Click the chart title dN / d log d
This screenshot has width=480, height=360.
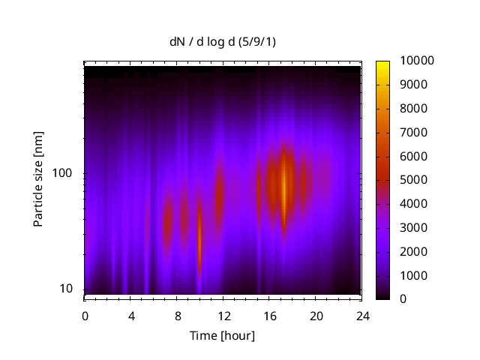coord(222,43)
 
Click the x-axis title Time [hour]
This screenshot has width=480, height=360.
coord(222,335)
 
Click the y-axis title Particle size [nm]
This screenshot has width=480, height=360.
coord(38,180)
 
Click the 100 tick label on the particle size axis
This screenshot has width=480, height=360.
coord(62,173)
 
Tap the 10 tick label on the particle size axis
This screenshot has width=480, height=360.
coord(66,289)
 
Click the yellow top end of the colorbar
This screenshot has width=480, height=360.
coord(383,63)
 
